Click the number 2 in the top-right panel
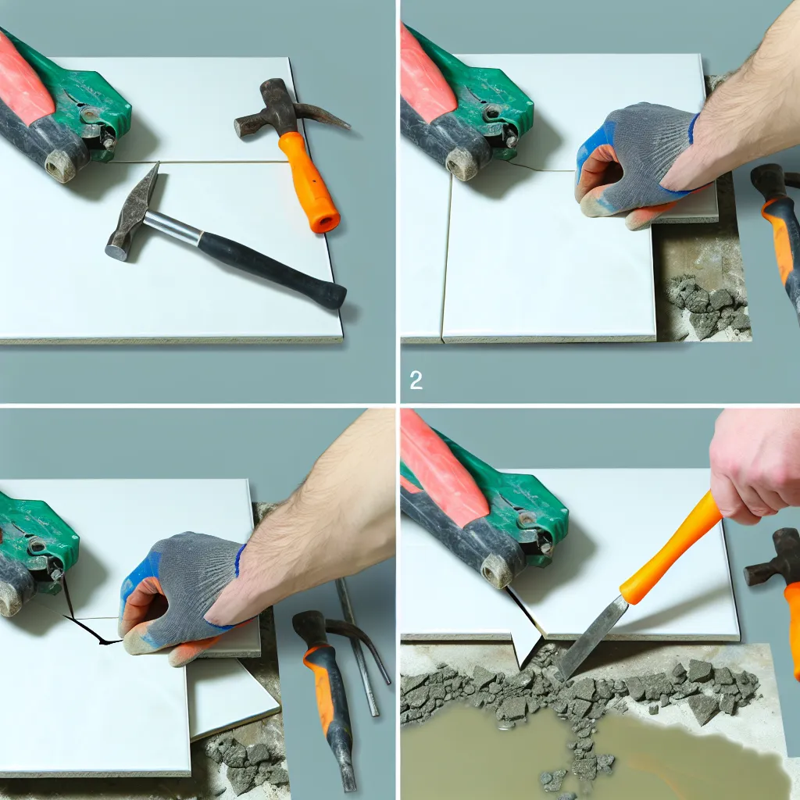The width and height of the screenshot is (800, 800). point(416,380)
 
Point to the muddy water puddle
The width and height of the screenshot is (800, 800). point(587,755)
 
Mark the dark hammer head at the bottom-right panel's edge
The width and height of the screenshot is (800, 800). point(773,557)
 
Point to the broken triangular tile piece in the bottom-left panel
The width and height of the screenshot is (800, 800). point(232,699)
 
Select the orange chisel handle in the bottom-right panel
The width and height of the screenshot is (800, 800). point(673,547)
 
